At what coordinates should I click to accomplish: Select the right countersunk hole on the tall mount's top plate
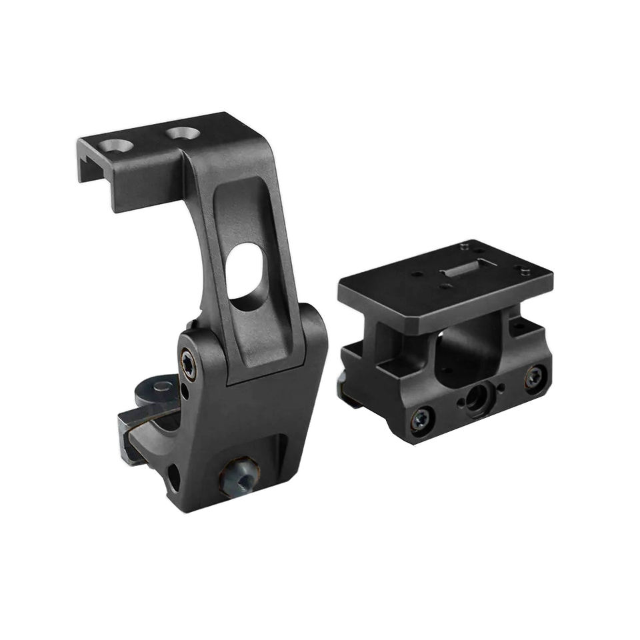coord(180,133)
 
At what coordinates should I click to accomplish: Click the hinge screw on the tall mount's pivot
coord(189,364)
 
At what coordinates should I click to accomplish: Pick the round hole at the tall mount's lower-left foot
coord(173,476)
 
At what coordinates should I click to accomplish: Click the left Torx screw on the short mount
coord(422,418)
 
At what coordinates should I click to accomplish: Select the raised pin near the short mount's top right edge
coord(525,271)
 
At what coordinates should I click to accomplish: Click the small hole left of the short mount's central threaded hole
coord(459,403)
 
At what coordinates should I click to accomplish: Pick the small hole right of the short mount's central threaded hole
coord(499,387)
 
